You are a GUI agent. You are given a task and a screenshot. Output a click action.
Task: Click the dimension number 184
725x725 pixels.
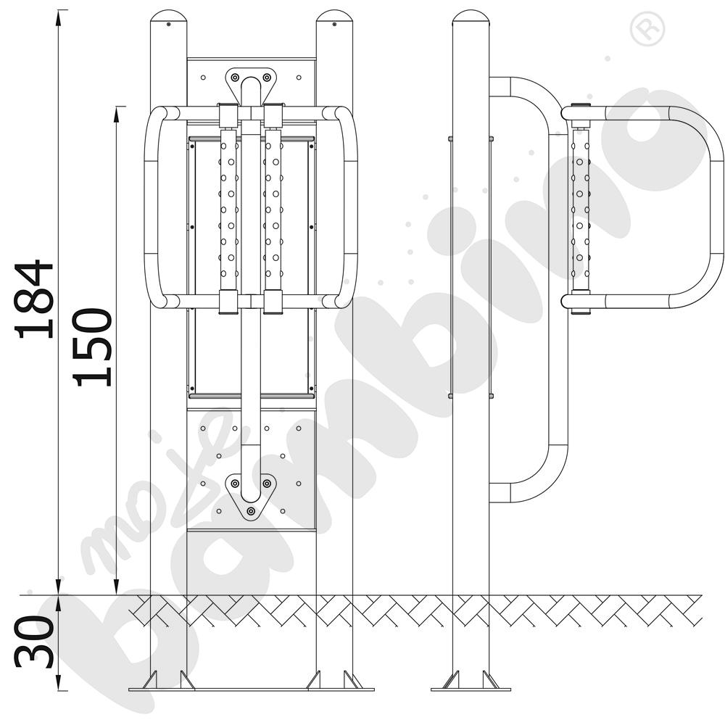point(34,299)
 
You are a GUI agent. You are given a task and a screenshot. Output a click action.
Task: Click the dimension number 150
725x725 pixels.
point(92,347)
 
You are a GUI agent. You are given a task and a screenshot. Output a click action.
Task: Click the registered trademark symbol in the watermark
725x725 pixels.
point(647,29)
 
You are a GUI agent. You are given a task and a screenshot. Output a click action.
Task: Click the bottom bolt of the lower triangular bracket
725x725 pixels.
point(251,511)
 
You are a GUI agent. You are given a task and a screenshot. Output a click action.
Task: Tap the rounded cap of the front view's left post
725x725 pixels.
point(169,19)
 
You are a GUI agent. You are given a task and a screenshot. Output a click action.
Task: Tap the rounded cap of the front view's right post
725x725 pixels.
point(334,19)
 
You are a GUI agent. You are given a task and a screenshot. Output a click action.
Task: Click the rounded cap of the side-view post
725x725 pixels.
point(471,19)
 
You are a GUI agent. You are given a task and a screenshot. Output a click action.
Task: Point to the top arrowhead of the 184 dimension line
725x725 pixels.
point(59,17)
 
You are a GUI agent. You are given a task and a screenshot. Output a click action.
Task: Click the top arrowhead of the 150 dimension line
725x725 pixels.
point(117,114)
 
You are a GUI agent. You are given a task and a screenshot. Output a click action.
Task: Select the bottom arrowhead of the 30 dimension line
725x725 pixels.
point(59,683)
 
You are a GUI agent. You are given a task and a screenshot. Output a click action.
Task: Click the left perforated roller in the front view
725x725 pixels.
point(228,210)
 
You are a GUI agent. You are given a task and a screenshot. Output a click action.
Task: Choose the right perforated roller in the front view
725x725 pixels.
point(273,210)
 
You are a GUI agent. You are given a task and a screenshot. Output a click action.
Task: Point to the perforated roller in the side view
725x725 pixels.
point(580,210)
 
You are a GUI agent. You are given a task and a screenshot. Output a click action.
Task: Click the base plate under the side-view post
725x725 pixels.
point(471,689)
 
